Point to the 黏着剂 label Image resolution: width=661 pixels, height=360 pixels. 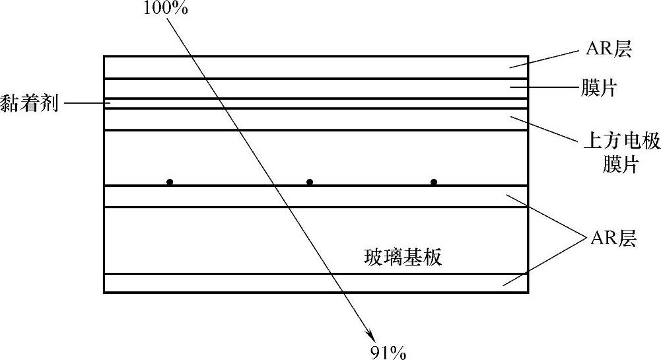(x=29, y=104)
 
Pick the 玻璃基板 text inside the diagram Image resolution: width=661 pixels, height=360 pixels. (x=403, y=257)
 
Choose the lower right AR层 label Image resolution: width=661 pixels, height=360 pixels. (x=615, y=238)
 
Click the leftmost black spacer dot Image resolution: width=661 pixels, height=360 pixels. (x=170, y=182)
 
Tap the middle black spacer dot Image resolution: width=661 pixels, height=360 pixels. (x=310, y=182)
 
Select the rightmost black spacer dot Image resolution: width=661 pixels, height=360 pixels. (x=434, y=182)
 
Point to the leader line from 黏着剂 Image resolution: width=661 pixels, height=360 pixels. (x=86, y=103)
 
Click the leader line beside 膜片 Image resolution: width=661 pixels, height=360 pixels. (x=541, y=87)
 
